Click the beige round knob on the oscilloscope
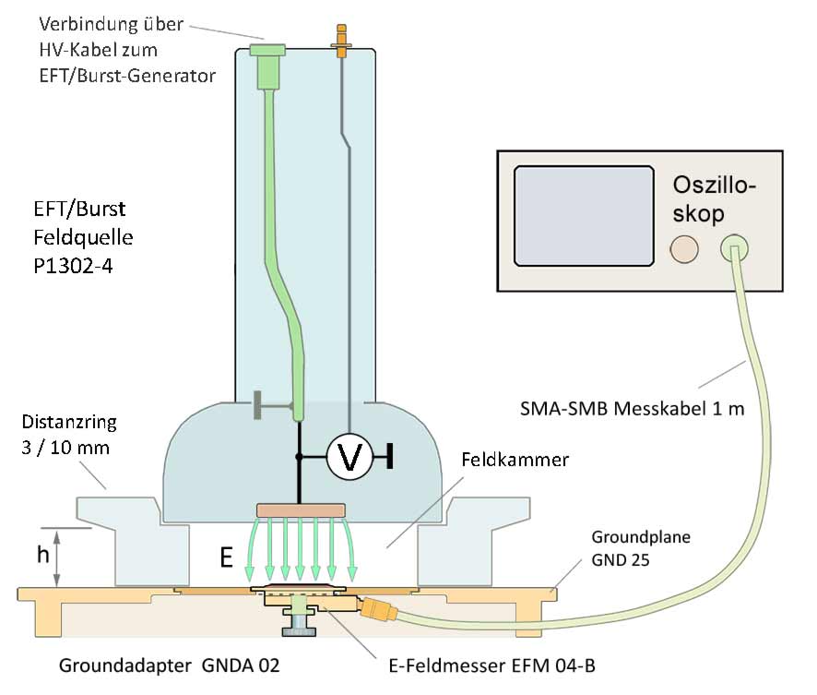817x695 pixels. pyautogui.click(x=683, y=249)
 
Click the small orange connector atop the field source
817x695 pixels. pyautogui.click(x=342, y=42)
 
